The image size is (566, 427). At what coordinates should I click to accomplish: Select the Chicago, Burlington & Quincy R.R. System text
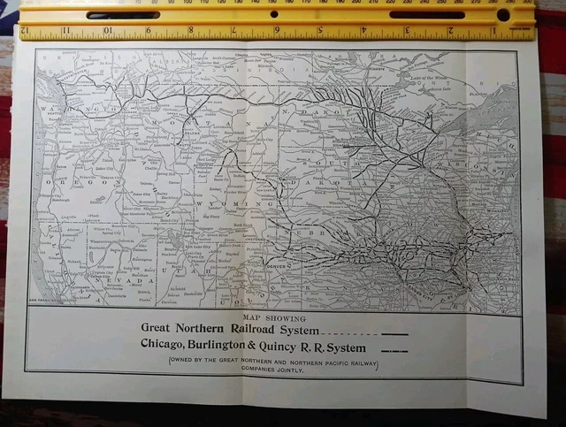pyautogui.click(x=253, y=347)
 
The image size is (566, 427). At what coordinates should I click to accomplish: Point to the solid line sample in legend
pyautogui.click(x=394, y=334)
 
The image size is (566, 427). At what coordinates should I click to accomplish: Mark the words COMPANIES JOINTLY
pyautogui.click(x=273, y=370)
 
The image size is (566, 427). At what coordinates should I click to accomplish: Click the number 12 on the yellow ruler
pyautogui.click(x=25, y=30)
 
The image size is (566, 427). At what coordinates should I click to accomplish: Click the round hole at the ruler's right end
pyautogui.click(x=503, y=15)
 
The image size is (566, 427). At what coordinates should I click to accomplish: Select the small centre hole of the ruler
pyautogui.click(x=273, y=15)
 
